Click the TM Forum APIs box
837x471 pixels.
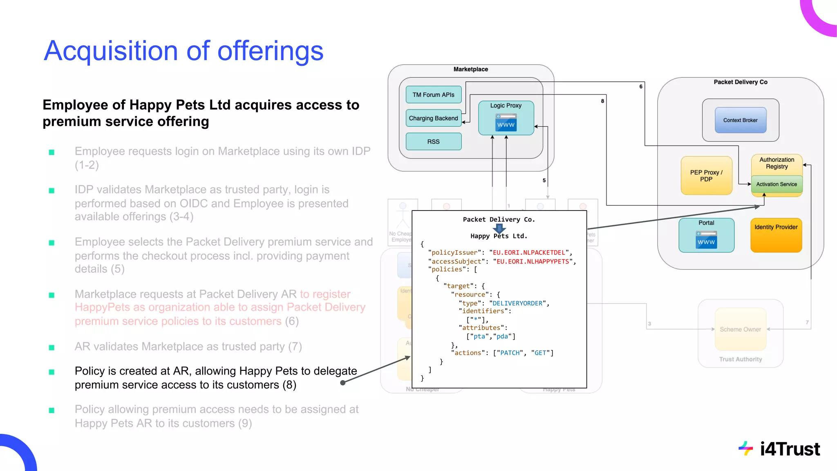point(433,94)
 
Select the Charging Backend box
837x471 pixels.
point(433,118)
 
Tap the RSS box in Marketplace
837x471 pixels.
point(433,141)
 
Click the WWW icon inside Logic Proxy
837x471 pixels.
point(506,123)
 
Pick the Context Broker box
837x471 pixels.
point(740,120)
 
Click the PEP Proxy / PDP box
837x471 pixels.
point(706,176)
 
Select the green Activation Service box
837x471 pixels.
point(777,184)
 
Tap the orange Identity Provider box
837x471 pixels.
point(776,235)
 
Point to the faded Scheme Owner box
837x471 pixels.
point(740,330)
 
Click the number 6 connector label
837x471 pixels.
point(641,87)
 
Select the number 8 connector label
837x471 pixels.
point(602,101)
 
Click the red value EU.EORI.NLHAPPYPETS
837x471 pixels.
point(533,262)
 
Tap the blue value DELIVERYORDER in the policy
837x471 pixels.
point(517,303)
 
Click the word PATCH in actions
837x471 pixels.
point(510,353)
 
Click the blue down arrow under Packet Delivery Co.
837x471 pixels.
point(499,228)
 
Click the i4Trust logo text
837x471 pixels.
point(790,449)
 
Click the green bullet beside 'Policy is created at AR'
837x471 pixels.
point(51,372)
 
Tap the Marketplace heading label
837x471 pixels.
point(470,70)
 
